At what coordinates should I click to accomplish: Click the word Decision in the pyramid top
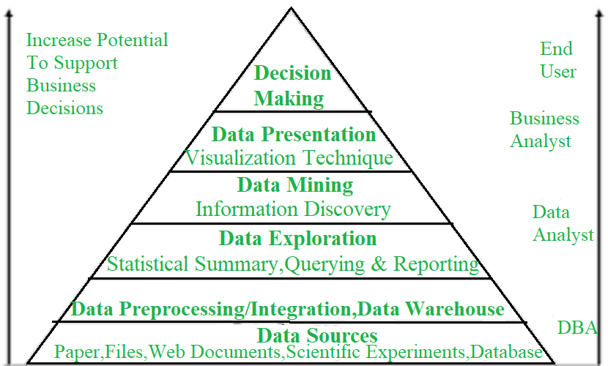click(292, 73)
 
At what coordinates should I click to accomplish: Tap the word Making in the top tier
click(289, 98)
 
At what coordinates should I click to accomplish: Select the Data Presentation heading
click(294, 135)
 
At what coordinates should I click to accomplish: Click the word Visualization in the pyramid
click(240, 157)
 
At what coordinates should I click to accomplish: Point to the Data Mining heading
click(295, 184)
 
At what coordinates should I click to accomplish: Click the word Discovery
click(347, 209)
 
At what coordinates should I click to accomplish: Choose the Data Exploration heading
click(298, 238)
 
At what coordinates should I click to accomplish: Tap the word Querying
click(325, 264)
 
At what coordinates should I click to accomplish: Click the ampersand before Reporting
click(379, 264)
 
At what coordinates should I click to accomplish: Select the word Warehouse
click(455, 309)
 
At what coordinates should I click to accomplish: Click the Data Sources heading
click(317, 335)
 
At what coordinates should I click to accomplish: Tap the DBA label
click(577, 328)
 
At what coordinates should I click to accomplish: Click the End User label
click(558, 60)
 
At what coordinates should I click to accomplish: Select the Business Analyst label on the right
click(544, 130)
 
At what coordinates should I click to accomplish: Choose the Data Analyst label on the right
click(563, 224)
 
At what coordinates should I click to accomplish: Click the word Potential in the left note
click(133, 40)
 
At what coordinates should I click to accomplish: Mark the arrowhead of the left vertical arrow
click(10, 12)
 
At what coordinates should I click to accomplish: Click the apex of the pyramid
click(292, 8)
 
